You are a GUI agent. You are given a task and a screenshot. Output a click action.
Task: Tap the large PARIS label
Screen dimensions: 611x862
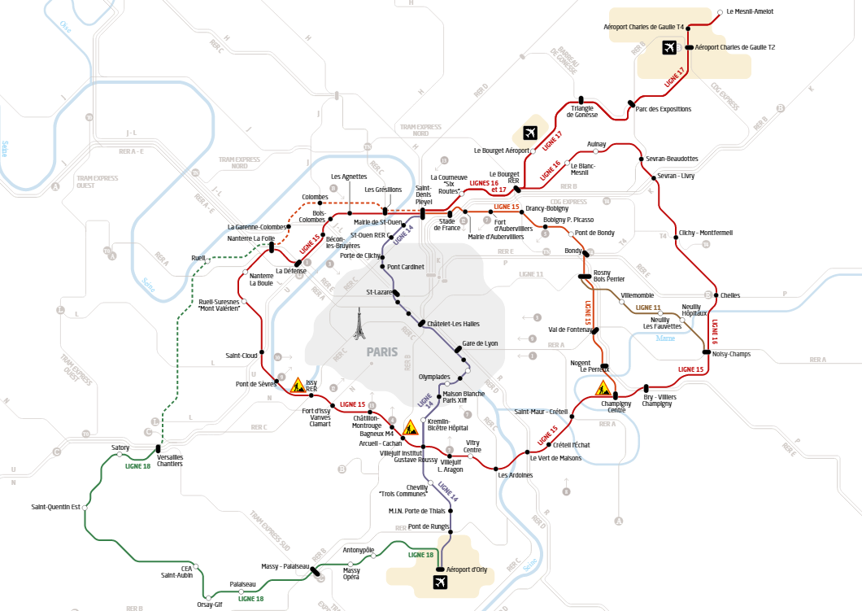[382, 352]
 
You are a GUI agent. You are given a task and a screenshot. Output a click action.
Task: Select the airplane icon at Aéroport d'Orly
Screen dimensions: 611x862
[441, 582]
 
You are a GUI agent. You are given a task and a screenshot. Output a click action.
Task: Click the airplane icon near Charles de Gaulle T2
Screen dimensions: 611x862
[669, 48]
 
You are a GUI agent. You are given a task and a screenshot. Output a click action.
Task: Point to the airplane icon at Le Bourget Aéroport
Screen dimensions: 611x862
[530, 133]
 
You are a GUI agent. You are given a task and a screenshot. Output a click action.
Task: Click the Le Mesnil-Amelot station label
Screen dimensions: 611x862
[750, 11]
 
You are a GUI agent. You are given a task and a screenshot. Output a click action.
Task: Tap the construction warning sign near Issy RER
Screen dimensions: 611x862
[298, 384]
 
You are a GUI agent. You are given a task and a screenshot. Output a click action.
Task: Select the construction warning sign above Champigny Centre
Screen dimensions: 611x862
[603, 387]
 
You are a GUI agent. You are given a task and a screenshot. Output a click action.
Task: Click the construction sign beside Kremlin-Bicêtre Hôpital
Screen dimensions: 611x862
[411, 427]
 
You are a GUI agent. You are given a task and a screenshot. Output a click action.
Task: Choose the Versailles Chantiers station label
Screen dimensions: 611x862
[170, 460]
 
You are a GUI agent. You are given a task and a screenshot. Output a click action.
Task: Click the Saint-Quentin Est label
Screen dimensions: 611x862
[55, 507]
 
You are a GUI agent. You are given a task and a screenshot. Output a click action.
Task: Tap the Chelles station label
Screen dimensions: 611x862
[729, 295]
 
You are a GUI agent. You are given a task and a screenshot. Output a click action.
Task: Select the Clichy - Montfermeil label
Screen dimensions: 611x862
[705, 233]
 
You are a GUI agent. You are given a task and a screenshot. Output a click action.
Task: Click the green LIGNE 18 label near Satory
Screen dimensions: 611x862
[137, 465]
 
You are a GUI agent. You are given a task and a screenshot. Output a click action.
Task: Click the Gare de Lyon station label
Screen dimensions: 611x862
[480, 343]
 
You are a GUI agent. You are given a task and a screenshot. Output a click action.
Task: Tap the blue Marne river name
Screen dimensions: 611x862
[665, 337]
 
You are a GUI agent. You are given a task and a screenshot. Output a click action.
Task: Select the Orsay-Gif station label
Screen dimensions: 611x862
[209, 604]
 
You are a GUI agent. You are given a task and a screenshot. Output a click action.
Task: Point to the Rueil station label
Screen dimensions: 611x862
[198, 258]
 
